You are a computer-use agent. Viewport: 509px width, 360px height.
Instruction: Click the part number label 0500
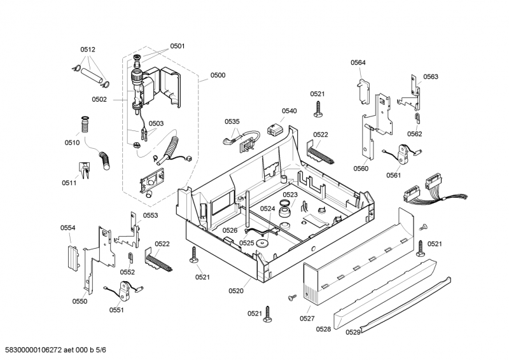[218, 76]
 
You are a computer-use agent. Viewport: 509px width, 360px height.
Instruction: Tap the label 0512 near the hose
[88, 50]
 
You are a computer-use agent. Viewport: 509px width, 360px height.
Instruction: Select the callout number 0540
[289, 111]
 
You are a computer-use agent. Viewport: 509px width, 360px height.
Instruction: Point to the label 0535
[232, 121]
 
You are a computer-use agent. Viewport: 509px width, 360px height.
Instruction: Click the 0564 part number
[358, 62]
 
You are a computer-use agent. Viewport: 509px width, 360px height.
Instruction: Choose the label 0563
[431, 76]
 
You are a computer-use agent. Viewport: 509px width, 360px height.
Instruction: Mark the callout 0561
[393, 175]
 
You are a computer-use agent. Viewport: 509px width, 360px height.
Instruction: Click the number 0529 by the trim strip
[353, 331]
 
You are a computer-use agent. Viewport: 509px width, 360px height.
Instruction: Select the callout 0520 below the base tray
[236, 291]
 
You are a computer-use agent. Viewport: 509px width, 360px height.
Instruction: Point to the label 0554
[68, 228]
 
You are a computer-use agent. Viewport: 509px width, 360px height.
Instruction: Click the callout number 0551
[116, 310]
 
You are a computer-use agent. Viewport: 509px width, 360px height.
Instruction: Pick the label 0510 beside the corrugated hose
[72, 142]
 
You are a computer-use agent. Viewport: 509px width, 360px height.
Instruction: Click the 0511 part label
[69, 183]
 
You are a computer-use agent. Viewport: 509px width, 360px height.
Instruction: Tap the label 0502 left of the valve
[99, 99]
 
